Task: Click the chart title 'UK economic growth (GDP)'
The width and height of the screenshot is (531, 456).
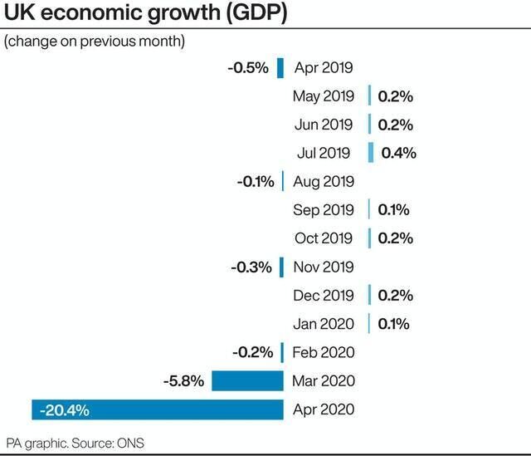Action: (x=147, y=16)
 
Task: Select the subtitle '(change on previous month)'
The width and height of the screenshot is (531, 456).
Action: (x=95, y=41)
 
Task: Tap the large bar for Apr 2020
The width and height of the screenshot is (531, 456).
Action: (x=158, y=409)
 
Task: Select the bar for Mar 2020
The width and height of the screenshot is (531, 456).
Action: (x=247, y=381)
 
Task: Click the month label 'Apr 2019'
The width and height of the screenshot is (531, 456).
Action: (x=324, y=68)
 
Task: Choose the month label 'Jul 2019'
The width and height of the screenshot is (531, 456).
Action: (x=322, y=153)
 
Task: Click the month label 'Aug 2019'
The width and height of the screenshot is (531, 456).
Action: (x=324, y=182)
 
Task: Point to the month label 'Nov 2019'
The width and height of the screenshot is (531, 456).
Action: (x=324, y=267)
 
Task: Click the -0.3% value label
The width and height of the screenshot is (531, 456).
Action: (x=251, y=267)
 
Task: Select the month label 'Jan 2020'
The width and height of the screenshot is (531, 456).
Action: (x=324, y=324)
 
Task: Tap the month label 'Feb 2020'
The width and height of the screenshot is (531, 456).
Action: (x=324, y=352)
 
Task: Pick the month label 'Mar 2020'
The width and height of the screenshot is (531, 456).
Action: (x=324, y=381)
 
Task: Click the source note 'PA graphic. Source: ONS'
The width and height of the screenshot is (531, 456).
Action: (x=69, y=443)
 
